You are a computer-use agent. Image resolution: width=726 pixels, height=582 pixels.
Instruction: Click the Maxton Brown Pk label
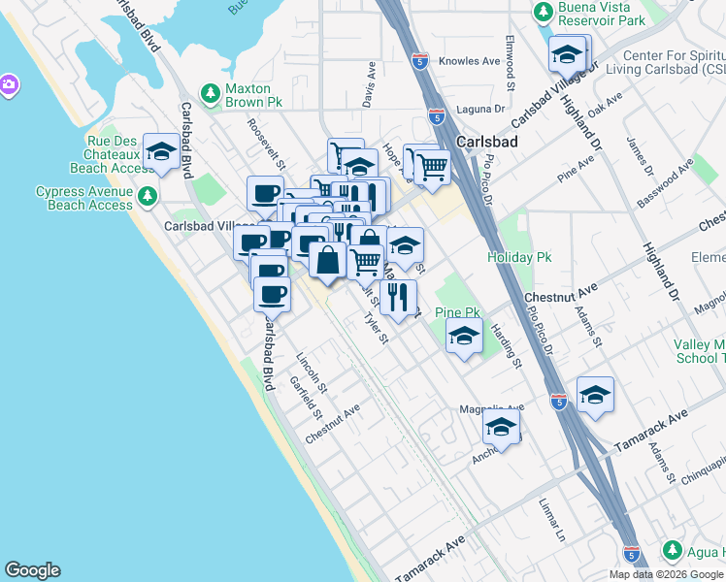click(x=253, y=93)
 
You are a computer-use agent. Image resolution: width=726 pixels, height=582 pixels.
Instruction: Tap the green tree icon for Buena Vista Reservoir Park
click(x=544, y=12)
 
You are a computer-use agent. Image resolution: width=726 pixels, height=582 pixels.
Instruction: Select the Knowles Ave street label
click(x=470, y=60)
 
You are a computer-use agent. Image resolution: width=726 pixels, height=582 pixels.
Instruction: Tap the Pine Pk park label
click(x=458, y=312)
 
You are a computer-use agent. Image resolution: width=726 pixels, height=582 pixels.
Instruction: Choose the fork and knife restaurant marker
click(x=398, y=297)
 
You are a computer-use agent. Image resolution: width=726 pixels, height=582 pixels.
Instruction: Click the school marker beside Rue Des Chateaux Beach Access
click(x=161, y=152)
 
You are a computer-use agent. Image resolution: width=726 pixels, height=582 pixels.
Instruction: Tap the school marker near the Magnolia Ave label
click(x=501, y=427)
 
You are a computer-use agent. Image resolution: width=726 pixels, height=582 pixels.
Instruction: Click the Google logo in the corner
click(x=32, y=570)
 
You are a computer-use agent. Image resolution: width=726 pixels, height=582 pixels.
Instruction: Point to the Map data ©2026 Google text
click(x=666, y=573)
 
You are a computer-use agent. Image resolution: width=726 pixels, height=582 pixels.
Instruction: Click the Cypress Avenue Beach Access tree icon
click(x=147, y=197)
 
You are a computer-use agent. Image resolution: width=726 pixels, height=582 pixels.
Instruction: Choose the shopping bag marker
click(x=329, y=261)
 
